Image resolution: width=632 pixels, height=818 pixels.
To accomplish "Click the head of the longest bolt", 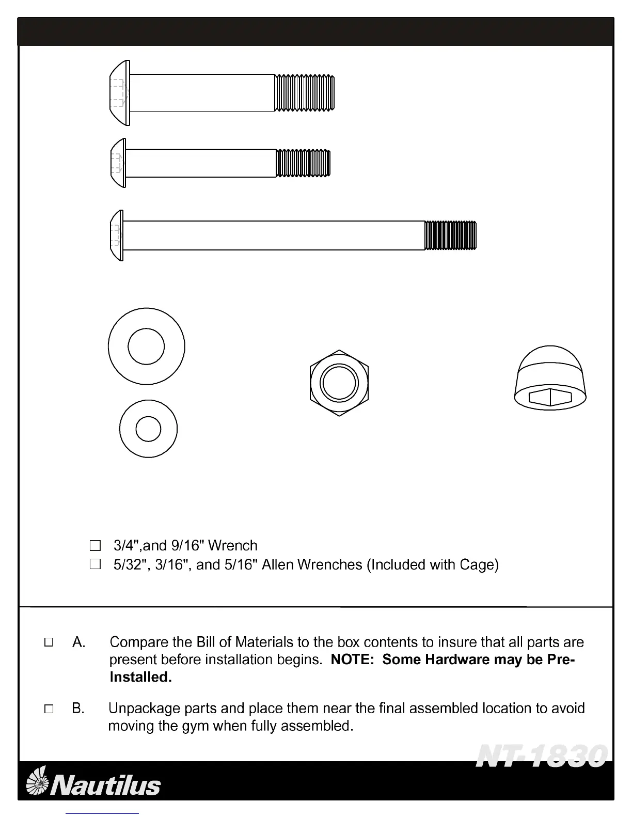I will (x=117, y=235).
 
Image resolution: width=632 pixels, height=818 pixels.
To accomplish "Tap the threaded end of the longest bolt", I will (x=450, y=235).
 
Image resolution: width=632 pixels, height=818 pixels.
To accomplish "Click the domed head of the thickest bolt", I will (x=120, y=93).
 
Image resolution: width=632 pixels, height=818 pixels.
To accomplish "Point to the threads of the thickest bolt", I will (x=304, y=93).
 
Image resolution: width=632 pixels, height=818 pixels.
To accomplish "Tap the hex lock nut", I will (x=339, y=383).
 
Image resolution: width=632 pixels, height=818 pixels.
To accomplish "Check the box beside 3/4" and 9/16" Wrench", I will (x=95, y=545).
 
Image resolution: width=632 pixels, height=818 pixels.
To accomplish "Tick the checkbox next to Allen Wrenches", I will (x=95, y=564).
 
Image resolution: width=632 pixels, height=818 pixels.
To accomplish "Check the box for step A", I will (x=49, y=642).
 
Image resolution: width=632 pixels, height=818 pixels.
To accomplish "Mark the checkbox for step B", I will (x=49, y=709).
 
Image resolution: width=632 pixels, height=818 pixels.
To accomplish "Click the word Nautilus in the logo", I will (x=107, y=785).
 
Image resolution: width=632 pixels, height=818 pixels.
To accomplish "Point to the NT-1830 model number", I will (x=541, y=756).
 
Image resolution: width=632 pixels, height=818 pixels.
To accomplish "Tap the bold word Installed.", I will (x=140, y=677).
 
